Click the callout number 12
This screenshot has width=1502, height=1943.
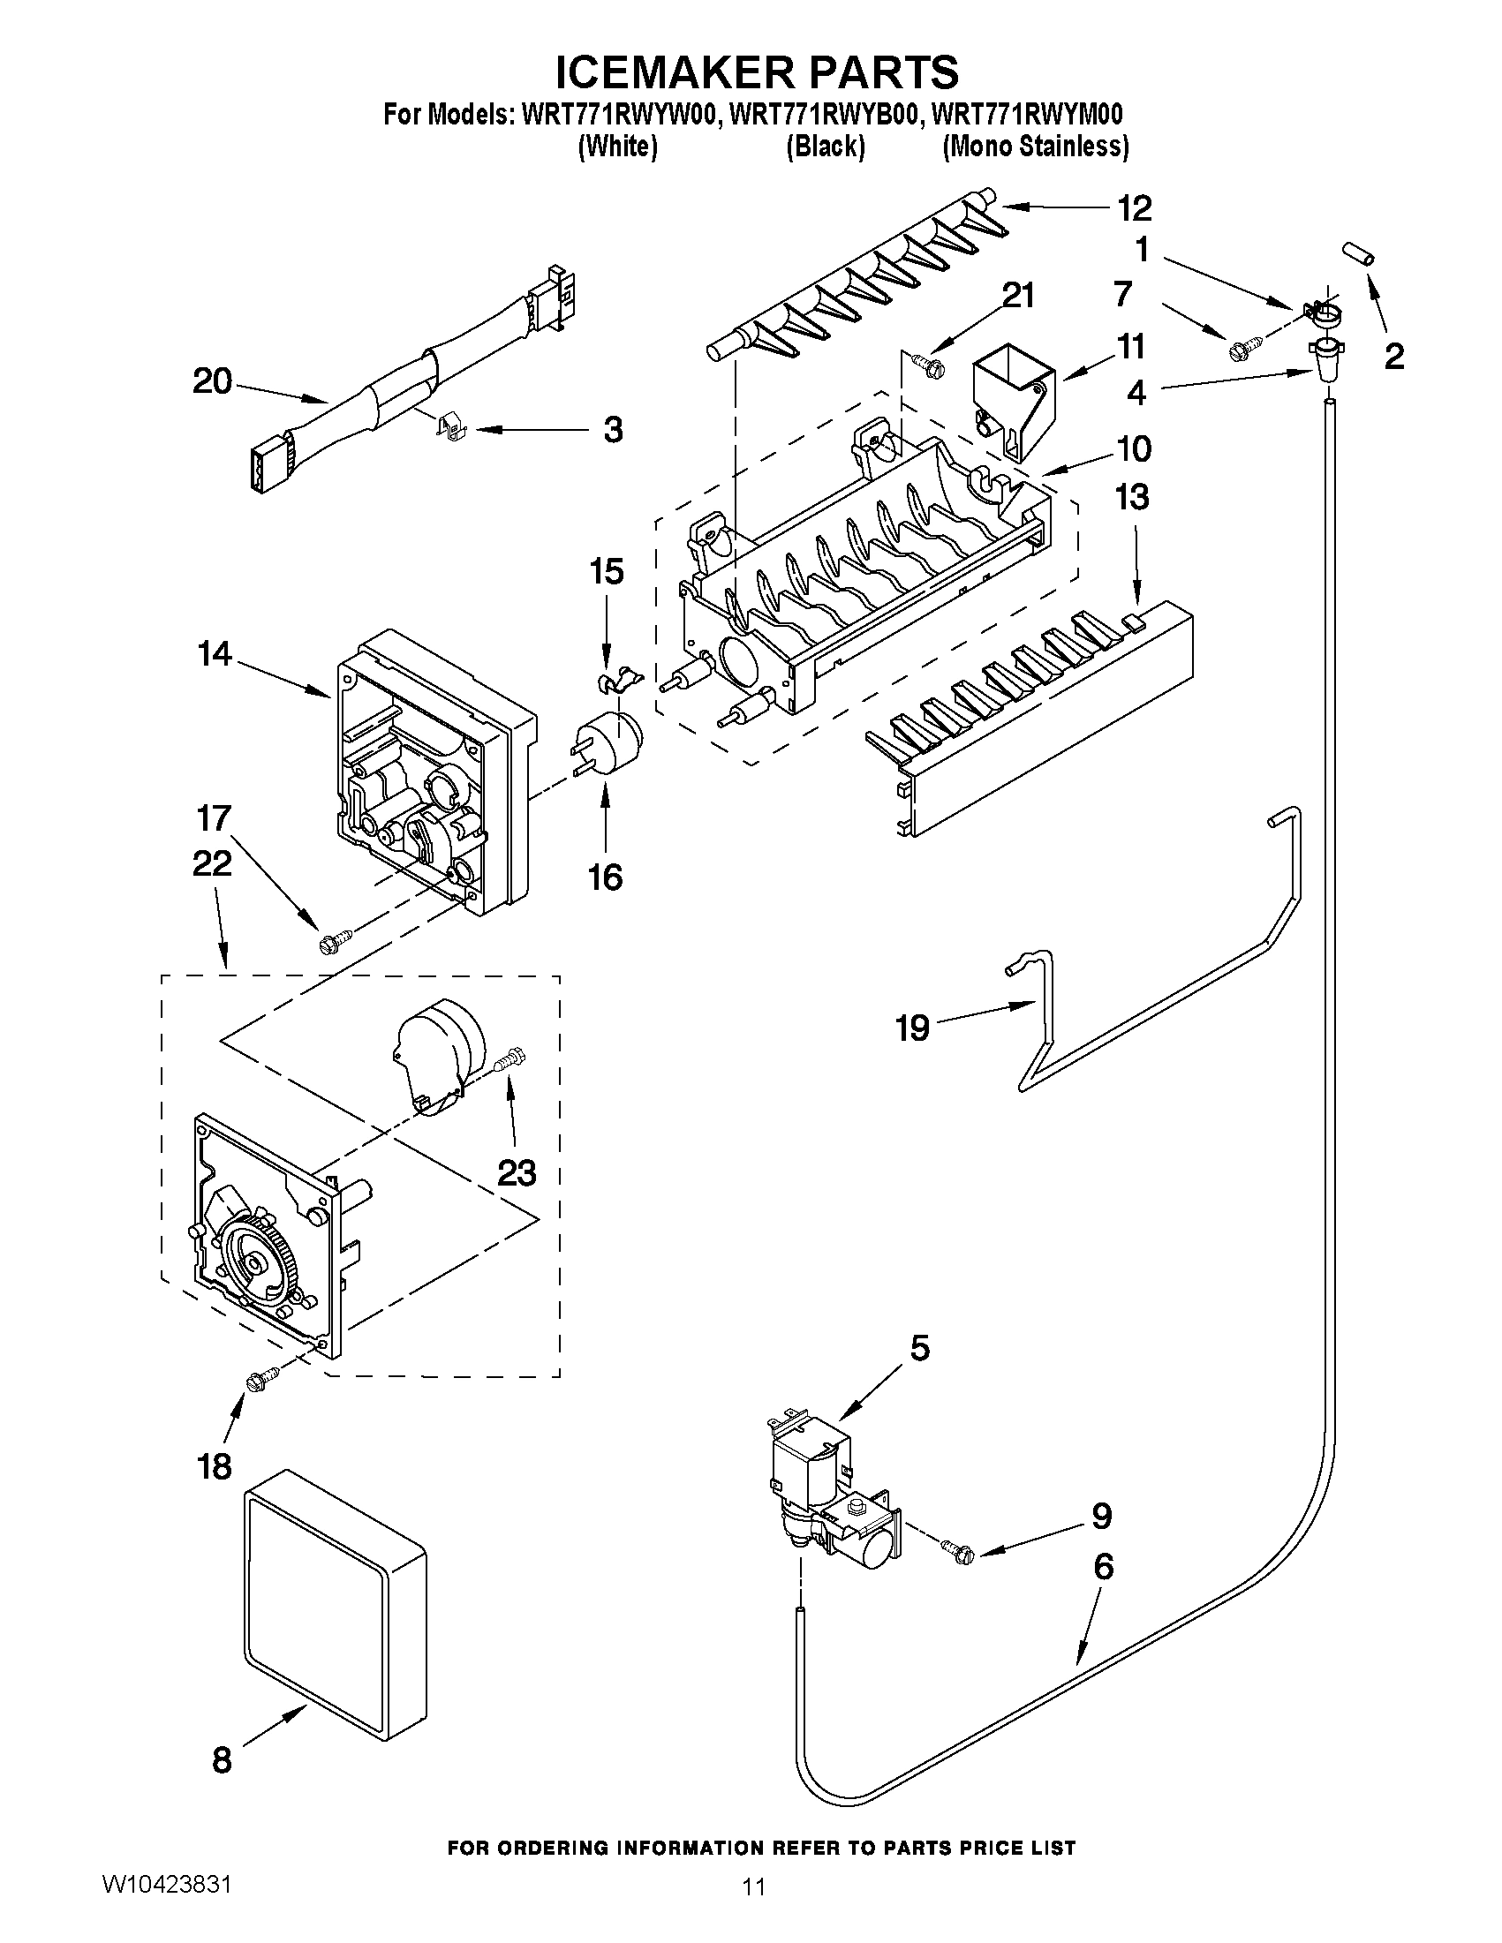pos(1135,208)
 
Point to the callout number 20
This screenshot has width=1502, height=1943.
pos(212,381)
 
